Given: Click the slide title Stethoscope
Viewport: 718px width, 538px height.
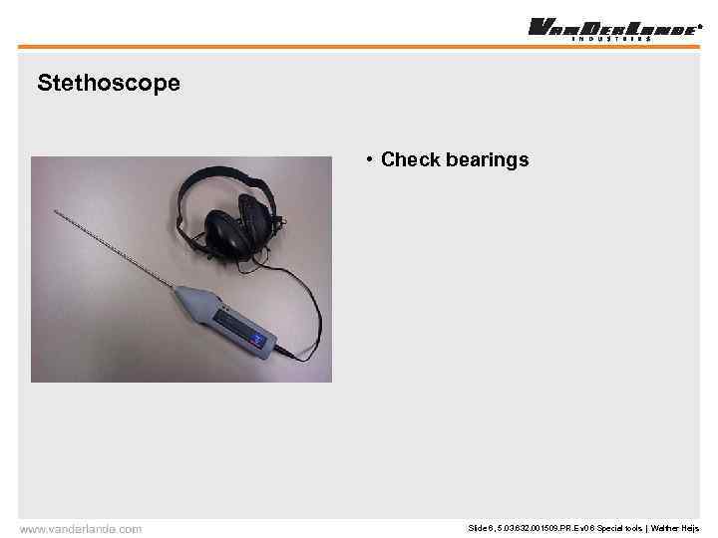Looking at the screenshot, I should [x=109, y=83].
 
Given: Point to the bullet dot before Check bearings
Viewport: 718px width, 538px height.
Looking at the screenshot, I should [x=369, y=159].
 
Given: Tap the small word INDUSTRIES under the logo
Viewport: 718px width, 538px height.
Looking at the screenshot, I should [x=610, y=39].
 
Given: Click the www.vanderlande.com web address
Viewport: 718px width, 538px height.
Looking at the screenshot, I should [x=81, y=529].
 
